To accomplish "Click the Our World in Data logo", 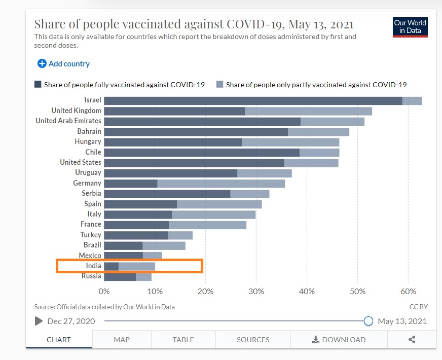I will [410, 27].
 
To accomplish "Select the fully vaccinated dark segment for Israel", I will [253, 100].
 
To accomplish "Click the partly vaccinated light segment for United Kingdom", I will [308, 111].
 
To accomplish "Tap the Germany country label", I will [87, 183].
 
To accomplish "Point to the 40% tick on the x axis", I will [307, 292].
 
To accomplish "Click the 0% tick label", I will [104, 292].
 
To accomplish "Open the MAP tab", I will [122, 340].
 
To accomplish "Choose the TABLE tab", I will [183, 340].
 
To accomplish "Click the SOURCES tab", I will [253, 340].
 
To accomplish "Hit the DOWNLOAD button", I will [339, 340].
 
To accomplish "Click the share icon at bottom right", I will [412, 340].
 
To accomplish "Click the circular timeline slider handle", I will [369, 321].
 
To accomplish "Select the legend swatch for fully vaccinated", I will [38, 85].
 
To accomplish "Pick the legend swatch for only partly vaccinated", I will [219, 85].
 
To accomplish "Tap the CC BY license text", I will [418, 307].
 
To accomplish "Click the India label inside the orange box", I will [93, 266].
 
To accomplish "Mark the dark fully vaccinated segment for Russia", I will [120, 276].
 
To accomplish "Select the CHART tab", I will [59, 340].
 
